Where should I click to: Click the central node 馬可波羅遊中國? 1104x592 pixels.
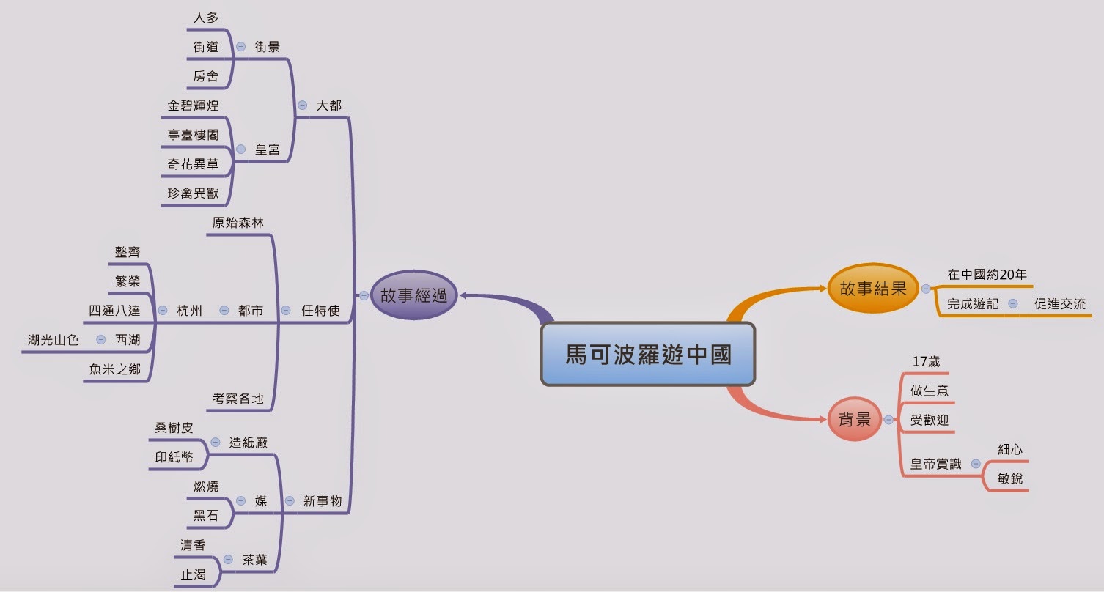(x=648, y=355)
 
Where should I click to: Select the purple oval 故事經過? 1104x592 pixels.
(x=413, y=295)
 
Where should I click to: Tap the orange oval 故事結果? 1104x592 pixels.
(x=873, y=289)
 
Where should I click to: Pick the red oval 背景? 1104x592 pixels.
(x=854, y=420)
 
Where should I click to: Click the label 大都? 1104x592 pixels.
(x=328, y=106)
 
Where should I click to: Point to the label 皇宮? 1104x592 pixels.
(x=268, y=149)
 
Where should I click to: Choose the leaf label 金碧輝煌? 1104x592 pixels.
(x=193, y=106)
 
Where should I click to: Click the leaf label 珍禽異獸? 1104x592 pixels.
(x=193, y=194)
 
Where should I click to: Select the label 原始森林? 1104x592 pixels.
(x=238, y=223)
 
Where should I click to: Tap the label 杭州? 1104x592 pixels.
(x=189, y=311)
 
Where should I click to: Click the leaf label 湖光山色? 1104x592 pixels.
(x=53, y=340)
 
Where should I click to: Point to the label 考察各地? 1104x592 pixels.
(x=238, y=399)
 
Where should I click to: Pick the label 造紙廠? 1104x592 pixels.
(x=248, y=443)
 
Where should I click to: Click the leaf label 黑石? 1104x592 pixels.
(x=206, y=516)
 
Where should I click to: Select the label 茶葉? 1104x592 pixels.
(x=254, y=560)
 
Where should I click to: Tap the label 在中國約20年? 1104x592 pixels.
(x=987, y=275)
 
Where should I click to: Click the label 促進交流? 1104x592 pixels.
(x=1059, y=303)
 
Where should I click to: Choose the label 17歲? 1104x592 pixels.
(x=925, y=362)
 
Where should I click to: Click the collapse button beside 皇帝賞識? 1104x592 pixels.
(x=976, y=464)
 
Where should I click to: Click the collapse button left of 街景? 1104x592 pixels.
(x=240, y=46)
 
